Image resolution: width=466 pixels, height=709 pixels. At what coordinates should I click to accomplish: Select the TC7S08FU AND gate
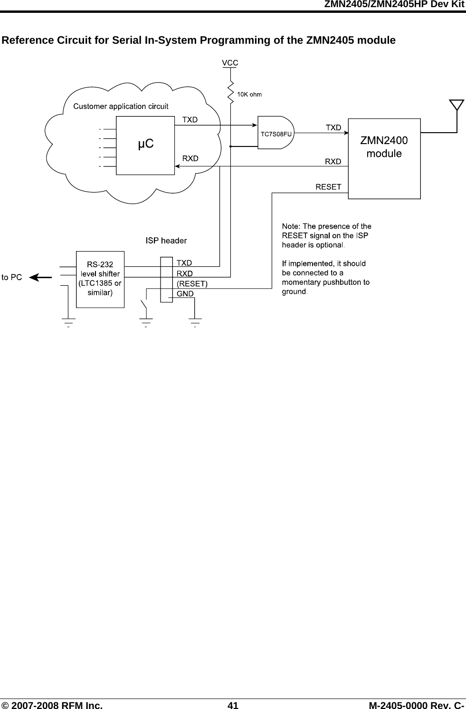tap(276, 134)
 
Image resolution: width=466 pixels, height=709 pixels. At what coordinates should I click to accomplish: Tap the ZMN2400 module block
tap(384, 158)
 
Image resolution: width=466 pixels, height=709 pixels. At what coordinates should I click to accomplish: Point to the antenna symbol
tap(456, 107)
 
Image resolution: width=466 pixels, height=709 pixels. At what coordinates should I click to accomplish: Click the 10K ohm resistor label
tap(249, 94)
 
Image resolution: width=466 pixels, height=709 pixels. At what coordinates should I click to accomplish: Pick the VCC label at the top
tap(230, 62)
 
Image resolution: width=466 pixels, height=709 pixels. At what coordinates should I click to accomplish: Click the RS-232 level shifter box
tap(100, 279)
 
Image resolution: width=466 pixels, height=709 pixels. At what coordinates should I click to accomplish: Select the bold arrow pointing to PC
tap(40, 277)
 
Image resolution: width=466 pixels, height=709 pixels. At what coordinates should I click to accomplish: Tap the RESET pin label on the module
tap(328, 187)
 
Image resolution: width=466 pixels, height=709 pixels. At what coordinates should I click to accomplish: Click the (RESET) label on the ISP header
tap(192, 284)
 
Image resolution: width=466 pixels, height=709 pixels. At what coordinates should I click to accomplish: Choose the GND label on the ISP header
tap(185, 293)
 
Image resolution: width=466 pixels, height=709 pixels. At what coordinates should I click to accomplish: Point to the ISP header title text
tap(166, 241)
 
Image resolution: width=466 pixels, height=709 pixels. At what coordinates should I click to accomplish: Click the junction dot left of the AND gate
tap(230, 147)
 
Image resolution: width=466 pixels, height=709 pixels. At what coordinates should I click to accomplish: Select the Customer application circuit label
tap(121, 106)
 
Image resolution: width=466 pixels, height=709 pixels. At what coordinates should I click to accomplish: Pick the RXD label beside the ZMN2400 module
tap(333, 162)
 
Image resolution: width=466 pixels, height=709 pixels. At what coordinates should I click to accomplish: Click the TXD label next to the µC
tap(190, 120)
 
